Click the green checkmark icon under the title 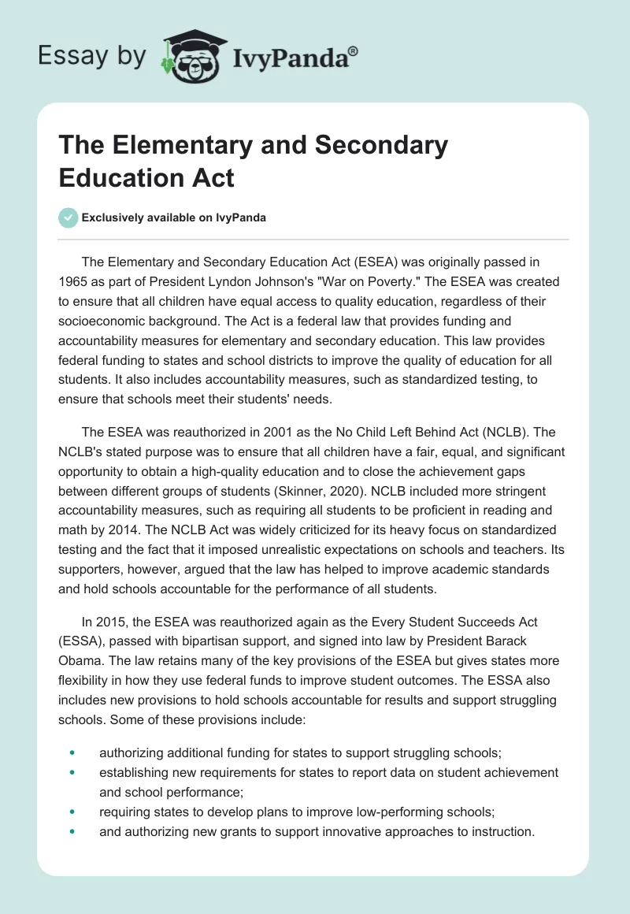point(69,217)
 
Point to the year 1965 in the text point(74,281)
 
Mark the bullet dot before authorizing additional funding point(73,752)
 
